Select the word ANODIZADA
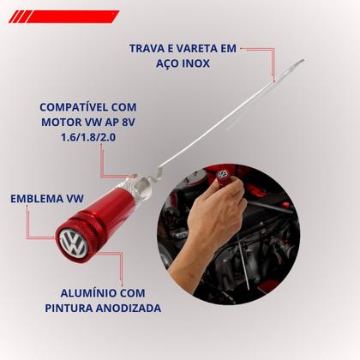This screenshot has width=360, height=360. click(x=129, y=307)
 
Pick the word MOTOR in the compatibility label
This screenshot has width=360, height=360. click(x=58, y=124)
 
